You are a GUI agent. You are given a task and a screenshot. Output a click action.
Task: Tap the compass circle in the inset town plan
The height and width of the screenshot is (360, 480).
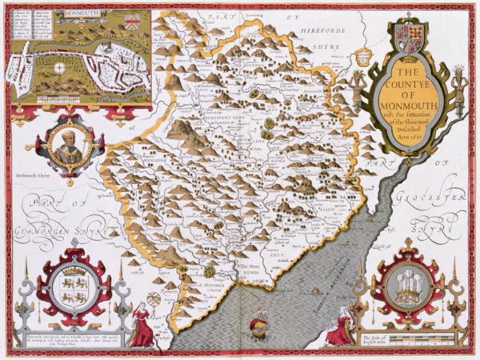[x=59, y=67]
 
